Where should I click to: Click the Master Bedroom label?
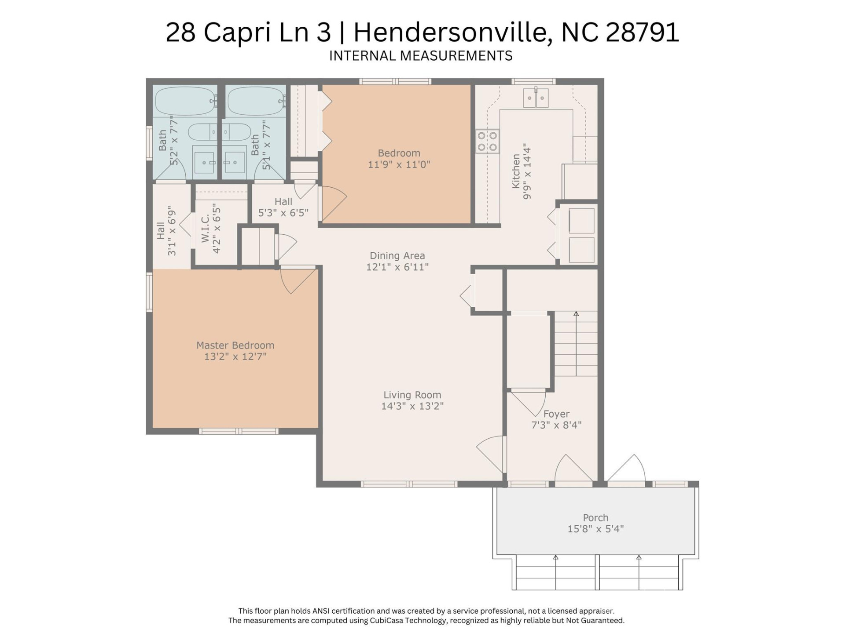pos(235,346)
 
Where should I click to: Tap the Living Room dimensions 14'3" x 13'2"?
pos(412,406)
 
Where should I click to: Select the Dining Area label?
pos(397,256)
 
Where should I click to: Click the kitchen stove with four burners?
pos(487,142)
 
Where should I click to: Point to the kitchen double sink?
pos(536,98)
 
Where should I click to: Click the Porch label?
pos(595,518)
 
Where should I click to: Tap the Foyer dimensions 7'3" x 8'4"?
pos(556,425)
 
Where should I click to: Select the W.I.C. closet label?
pos(206,229)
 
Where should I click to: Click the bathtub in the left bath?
pos(185,101)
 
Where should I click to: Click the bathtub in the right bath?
pos(256,101)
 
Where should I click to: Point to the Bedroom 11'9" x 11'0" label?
pos(399,159)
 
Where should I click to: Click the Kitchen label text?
pos(516,171)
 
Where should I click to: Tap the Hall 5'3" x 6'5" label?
pos(283,207)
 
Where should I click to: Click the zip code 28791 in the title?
pos(642,32)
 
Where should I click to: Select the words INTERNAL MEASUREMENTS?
pos(421,56)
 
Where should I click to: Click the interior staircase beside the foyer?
pos(576,344)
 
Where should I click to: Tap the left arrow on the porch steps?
pos(555,571)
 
